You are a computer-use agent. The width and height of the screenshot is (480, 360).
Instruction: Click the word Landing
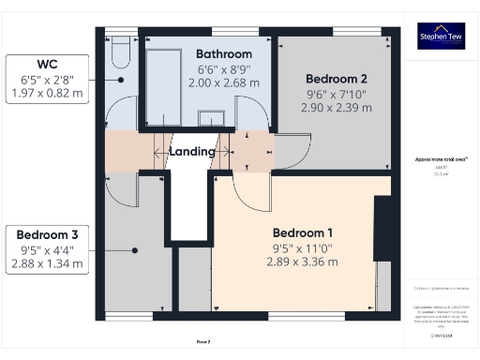(x=192, y=151)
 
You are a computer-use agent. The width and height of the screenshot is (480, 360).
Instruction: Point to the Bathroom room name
(x=224, y=53)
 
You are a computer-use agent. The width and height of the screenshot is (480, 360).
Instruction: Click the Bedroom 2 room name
(x=336, y=79)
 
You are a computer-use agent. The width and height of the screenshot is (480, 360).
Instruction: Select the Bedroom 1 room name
(x=302, y=232)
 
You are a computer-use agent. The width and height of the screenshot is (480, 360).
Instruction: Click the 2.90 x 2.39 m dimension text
(x=336, y=108)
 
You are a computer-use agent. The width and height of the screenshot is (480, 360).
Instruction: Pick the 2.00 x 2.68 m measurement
(x=224, y=83)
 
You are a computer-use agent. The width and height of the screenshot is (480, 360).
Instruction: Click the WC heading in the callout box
(x=46, y=64)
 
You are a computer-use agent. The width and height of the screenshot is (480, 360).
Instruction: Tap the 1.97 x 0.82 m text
(x=46, y=93)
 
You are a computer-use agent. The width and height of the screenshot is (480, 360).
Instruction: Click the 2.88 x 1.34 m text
(x=46, y=264)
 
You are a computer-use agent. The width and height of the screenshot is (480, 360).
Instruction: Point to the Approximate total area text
(x=440, y=160)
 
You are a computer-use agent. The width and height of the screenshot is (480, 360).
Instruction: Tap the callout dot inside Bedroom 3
(x=137, y=250)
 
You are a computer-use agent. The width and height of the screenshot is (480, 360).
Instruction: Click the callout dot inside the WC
(x=122, y=79)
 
